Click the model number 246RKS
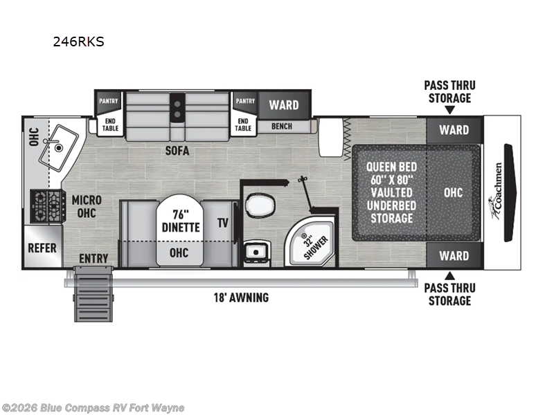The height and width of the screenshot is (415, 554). pyautogui.click(x=78, y=41)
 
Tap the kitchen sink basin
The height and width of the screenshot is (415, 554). pyautogui.click(x=58, y=148)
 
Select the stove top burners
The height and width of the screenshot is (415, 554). pyautogui.click(x=48, y=206)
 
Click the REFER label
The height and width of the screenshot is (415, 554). pyautogui.click(x=42, y=248)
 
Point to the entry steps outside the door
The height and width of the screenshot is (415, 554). pyautogui.click(x=93, y=294)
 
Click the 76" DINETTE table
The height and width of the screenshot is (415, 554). pyautogui.click(x=180, y=230)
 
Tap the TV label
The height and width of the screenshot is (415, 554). pyautogui.click(x=222, y=223)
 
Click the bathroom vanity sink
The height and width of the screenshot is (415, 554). pyautogui.click(x=257, y=252)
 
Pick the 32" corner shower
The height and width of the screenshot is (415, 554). pyautogui.click(x=311, y=243)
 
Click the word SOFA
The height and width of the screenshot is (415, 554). pyautogui.click(x=177, y=151)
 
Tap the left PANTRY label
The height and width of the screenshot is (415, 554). pyautogui.click(x=109, y=101)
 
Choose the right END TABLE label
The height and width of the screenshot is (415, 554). pyautogui.click(x=243, y=124)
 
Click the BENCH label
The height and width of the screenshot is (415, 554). pyautogui.click(x=282, y=126)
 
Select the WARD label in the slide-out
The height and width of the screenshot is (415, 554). pyautogui.click(x=284, y=105)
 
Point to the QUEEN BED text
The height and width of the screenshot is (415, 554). pyautogui.click(x=391, y=167)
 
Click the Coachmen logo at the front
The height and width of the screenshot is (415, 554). pyautogui.click(x=497, y=191)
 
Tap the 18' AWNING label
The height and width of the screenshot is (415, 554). pyautogui.click(x=241, y=297)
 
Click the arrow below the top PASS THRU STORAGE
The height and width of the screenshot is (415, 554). pyautogui.click(x=449, y=111)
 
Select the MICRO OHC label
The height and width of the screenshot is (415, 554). pyautogui.click(x=87, y=206)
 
